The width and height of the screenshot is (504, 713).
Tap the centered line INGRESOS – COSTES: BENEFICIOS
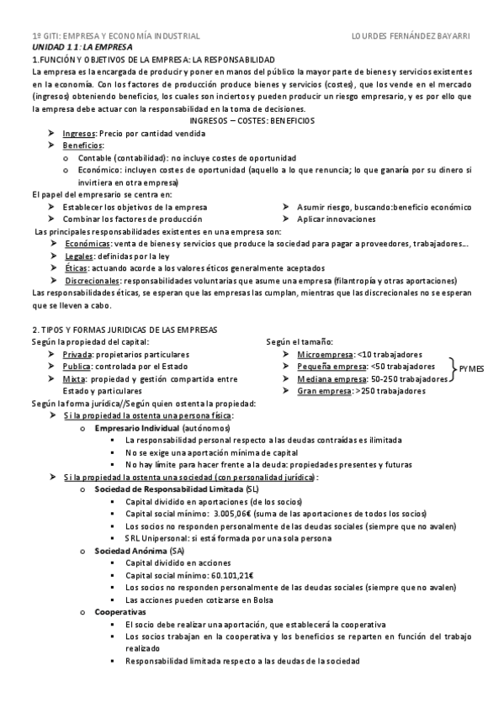[252, 121]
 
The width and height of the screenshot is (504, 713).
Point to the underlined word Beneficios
[82, 145]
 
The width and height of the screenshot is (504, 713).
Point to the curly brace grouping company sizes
[454, 367]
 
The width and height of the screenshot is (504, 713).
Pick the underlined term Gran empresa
[321, 391]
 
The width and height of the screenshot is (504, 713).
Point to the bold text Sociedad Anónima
[130, 550]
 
